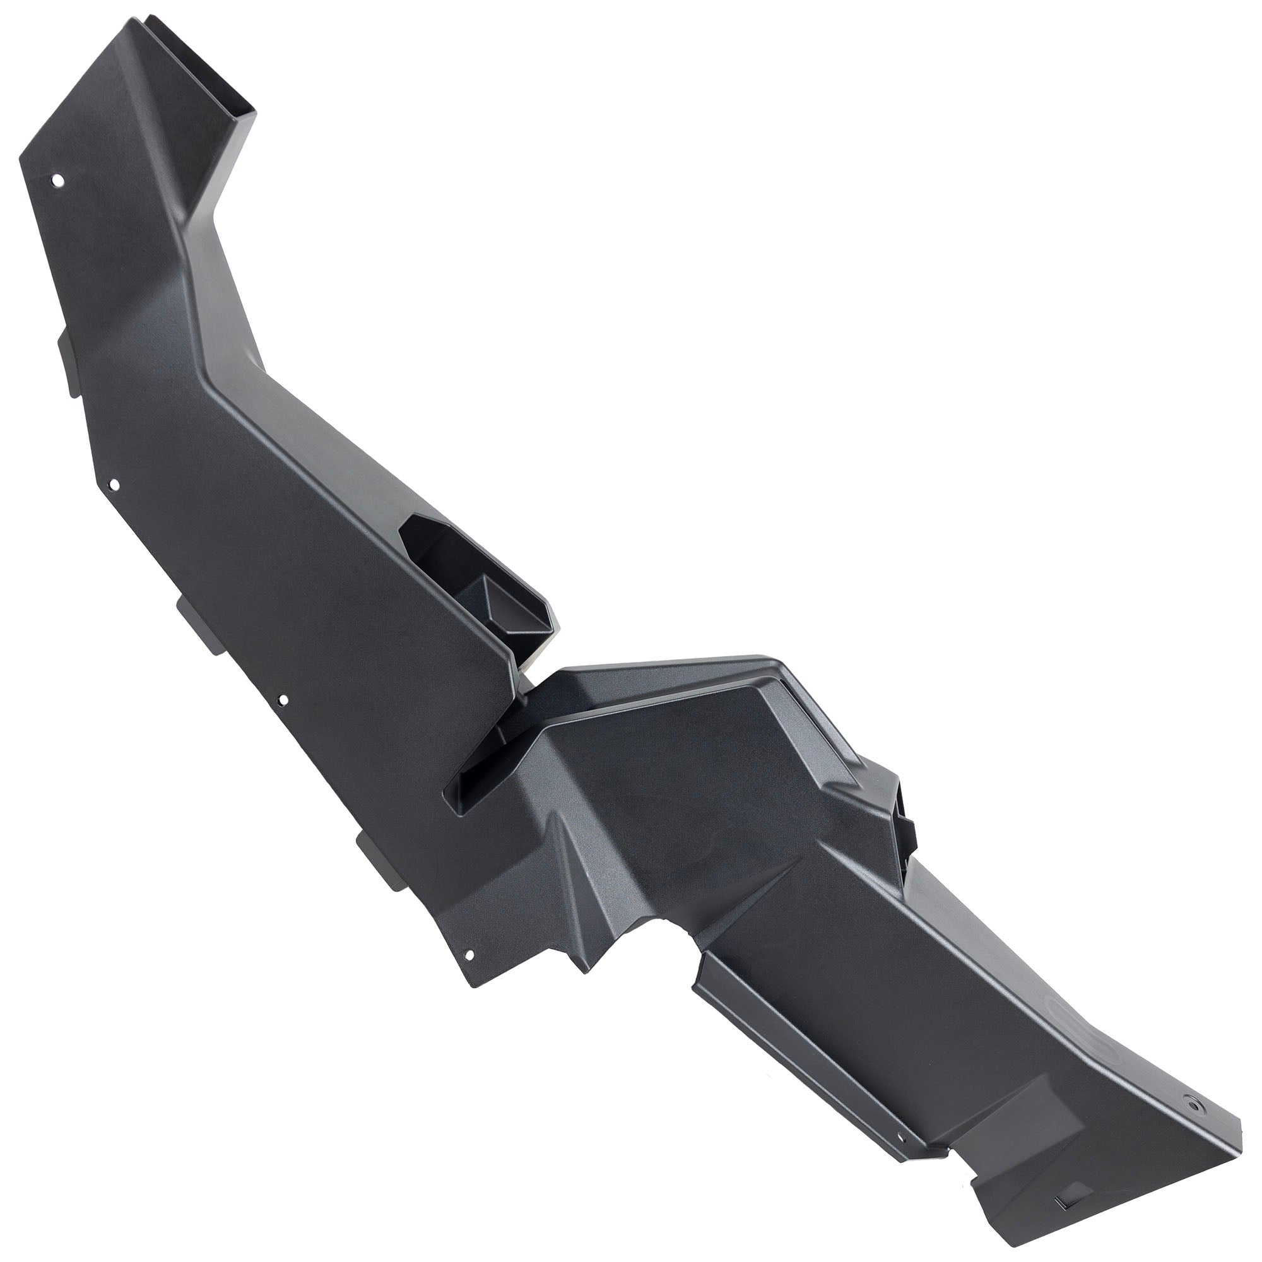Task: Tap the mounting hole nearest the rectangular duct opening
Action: coord(57,179)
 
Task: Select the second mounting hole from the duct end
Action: coord(114,485)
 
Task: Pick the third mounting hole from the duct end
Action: coord(282,700)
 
